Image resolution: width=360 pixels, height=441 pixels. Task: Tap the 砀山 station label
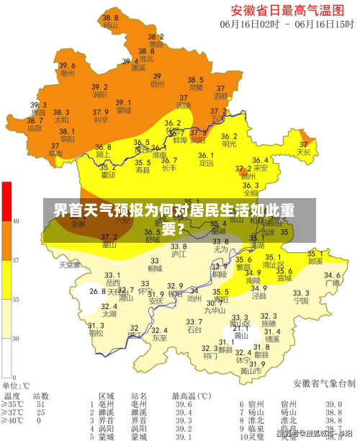click(x=110, y=24)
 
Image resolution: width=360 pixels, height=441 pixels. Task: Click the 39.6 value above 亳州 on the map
click(x=67, y=66)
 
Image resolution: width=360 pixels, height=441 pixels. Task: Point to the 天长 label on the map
click(x=305, y=153)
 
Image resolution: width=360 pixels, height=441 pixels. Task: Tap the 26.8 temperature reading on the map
click(x=97, y=291)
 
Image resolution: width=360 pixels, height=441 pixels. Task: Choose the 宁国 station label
click(x=301, y=300)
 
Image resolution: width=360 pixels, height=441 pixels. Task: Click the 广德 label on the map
click(x=332, y=283)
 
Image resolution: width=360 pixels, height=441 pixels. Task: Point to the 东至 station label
click(x=159, y=337)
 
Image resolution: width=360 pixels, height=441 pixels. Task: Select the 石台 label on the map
click(x=194, y=329)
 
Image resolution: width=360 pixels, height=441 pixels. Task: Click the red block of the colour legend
click(x=6, y=201)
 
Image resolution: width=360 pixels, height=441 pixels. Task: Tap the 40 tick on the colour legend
click(x=15, y=221)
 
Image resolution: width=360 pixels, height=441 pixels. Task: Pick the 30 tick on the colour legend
click(x=15, y=337)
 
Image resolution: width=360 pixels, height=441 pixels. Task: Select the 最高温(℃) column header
click(x=191, y=396)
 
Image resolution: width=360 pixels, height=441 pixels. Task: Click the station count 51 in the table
click(x=40, y=404)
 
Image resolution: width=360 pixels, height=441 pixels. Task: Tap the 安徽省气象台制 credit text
click(x=324, y=380)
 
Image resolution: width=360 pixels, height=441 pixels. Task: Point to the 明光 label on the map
click(x=229, y=143)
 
